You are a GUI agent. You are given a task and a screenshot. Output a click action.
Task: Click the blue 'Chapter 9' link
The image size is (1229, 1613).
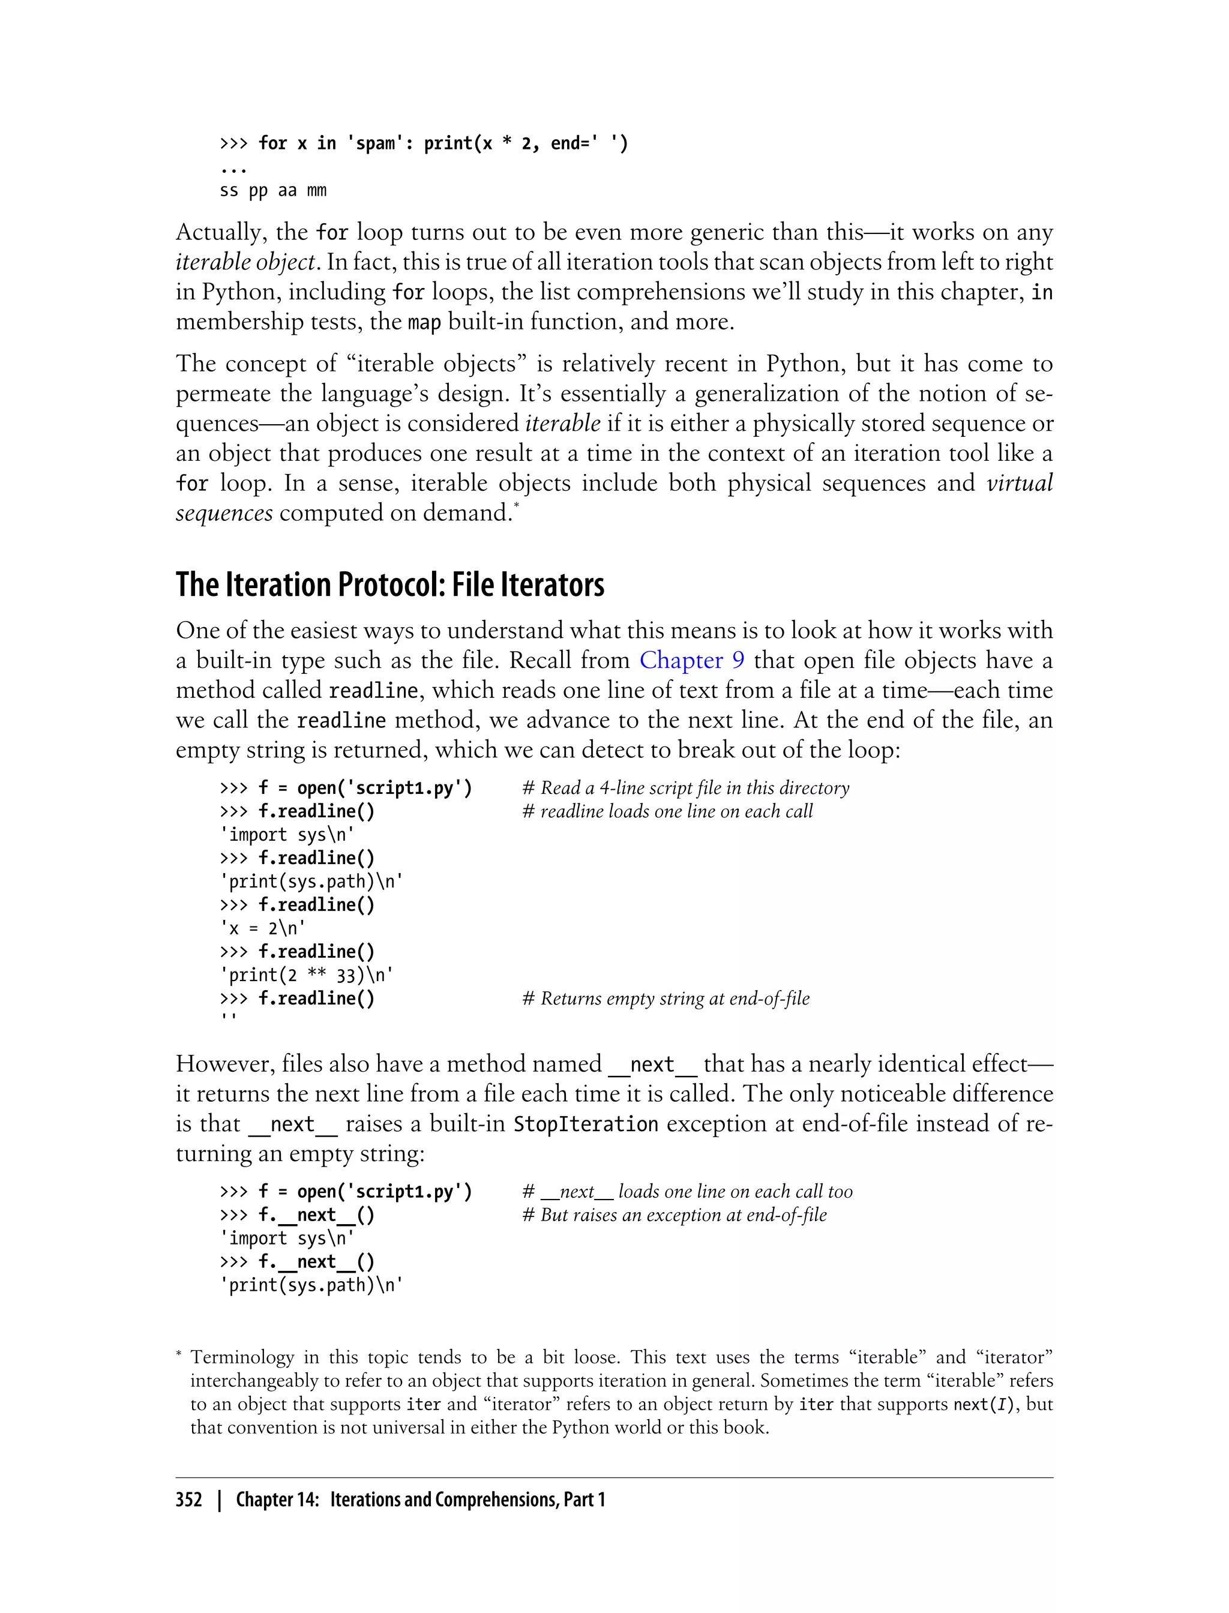point(691,661)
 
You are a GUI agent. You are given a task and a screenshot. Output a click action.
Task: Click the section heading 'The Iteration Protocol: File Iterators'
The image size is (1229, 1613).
point(389,585)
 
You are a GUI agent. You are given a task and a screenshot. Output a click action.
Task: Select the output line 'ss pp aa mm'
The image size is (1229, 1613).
point(273,191)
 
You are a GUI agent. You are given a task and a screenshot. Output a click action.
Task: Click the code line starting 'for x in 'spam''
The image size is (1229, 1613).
point(424,143)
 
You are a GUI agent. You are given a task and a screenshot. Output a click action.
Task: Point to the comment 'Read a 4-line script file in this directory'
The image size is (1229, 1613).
point(685,788)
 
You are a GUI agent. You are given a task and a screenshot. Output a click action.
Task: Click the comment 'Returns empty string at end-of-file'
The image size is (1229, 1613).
point(666,999)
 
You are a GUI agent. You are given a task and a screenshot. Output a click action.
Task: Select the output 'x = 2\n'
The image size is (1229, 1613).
point(263,928)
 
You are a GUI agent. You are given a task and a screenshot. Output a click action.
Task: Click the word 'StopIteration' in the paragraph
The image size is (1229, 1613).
point(585,1123)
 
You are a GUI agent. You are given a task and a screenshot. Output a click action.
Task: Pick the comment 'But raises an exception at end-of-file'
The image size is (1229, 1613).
point(675,1215)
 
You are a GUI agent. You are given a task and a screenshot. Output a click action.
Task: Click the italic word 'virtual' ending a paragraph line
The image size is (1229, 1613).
point(1019,484)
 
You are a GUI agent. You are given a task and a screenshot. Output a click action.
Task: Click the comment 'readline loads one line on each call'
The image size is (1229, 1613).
point(667,811)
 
